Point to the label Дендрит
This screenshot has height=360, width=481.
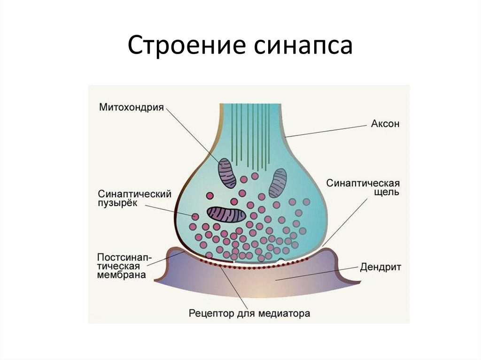coord(380,268)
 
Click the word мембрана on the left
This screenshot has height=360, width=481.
coord(121,276)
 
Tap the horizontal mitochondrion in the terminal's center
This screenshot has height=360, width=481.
coord(227,214)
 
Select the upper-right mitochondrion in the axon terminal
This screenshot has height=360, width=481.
coord(278,182)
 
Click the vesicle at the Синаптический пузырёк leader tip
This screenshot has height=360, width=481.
coord(194,216)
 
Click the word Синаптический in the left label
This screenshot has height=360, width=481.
coord(134,193)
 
